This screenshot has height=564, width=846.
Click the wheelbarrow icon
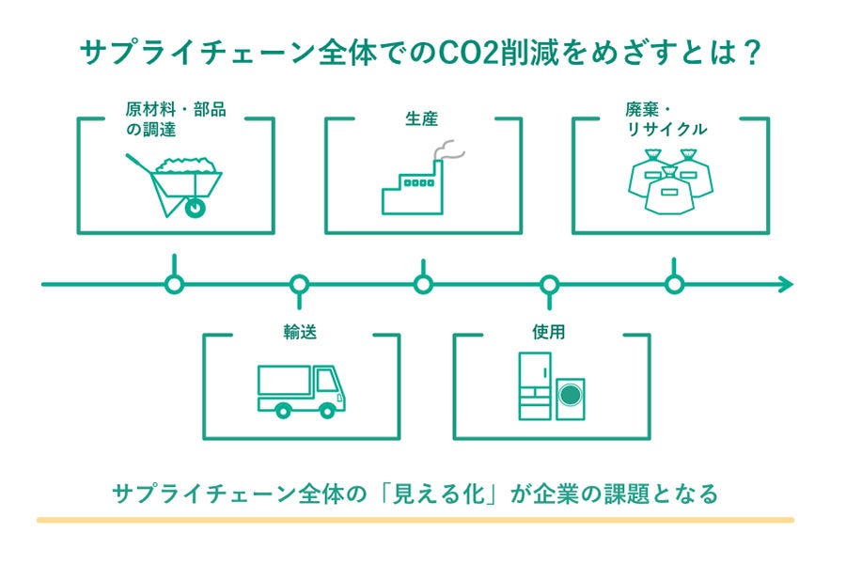(174, 186)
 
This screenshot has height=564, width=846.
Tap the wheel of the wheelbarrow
(195, 207)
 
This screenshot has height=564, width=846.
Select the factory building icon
(413, 187)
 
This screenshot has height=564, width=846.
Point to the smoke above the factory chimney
(449, 150)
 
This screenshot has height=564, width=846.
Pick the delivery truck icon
(301, 391)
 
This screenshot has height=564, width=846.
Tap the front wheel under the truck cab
(326, 411)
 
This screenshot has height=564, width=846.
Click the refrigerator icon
(535, 386)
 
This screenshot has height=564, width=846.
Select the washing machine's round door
(570, 395)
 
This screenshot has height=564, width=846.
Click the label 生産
(421, 118)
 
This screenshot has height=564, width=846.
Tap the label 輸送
(300, 332)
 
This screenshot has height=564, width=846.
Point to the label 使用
(548, 332)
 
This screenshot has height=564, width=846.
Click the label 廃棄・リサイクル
(666, 119)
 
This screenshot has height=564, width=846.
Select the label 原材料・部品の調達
(176, 119)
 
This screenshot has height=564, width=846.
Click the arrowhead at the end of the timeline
(787, 285)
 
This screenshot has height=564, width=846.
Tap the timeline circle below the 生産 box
(423, 284)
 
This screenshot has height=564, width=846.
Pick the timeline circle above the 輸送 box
(300, 284)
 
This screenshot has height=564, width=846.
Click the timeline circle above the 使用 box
(549, 284)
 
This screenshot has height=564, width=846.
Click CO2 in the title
(469, 54)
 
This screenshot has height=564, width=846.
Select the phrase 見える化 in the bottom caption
(438, 493)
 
